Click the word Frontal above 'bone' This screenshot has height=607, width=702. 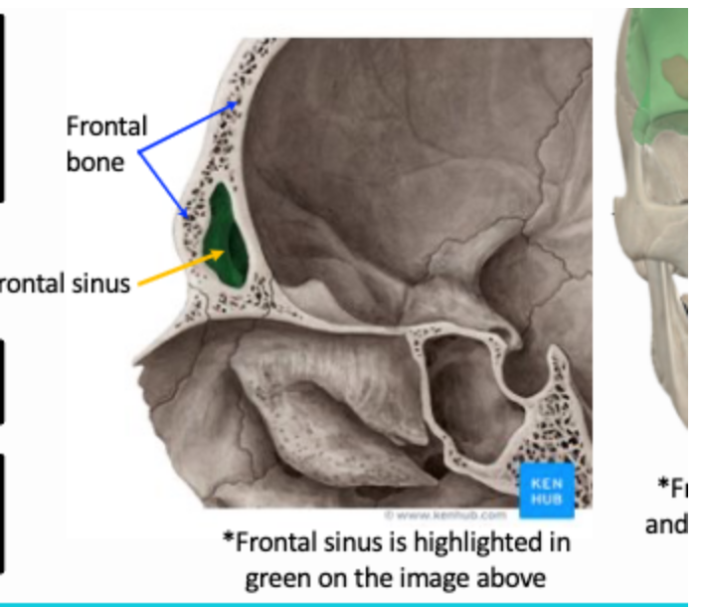(106, 127)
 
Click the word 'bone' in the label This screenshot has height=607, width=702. (95, 160)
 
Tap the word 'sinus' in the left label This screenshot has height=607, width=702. (103, 285)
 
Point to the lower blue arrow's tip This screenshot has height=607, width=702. (185, 214)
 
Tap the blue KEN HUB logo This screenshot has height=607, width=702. (548, 489)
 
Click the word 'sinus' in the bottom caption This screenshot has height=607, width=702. (342, 543)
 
